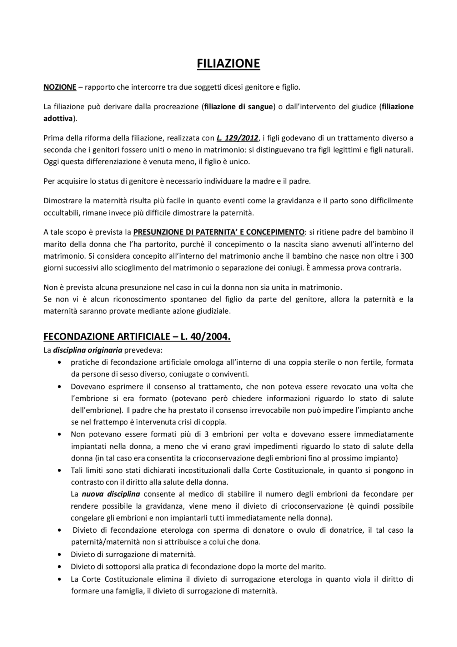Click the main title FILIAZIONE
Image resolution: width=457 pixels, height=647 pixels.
click(x=228, y=64)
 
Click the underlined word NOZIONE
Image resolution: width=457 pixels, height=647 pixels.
click(x=60, y=87)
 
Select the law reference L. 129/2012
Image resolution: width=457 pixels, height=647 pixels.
click(x=237, y=138)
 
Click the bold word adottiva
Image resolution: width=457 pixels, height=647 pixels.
click(x=58, y=118)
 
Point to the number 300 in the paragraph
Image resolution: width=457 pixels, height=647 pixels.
click(x=407, y=256)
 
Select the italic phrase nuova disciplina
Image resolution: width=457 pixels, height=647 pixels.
click(x=111, y=494)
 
